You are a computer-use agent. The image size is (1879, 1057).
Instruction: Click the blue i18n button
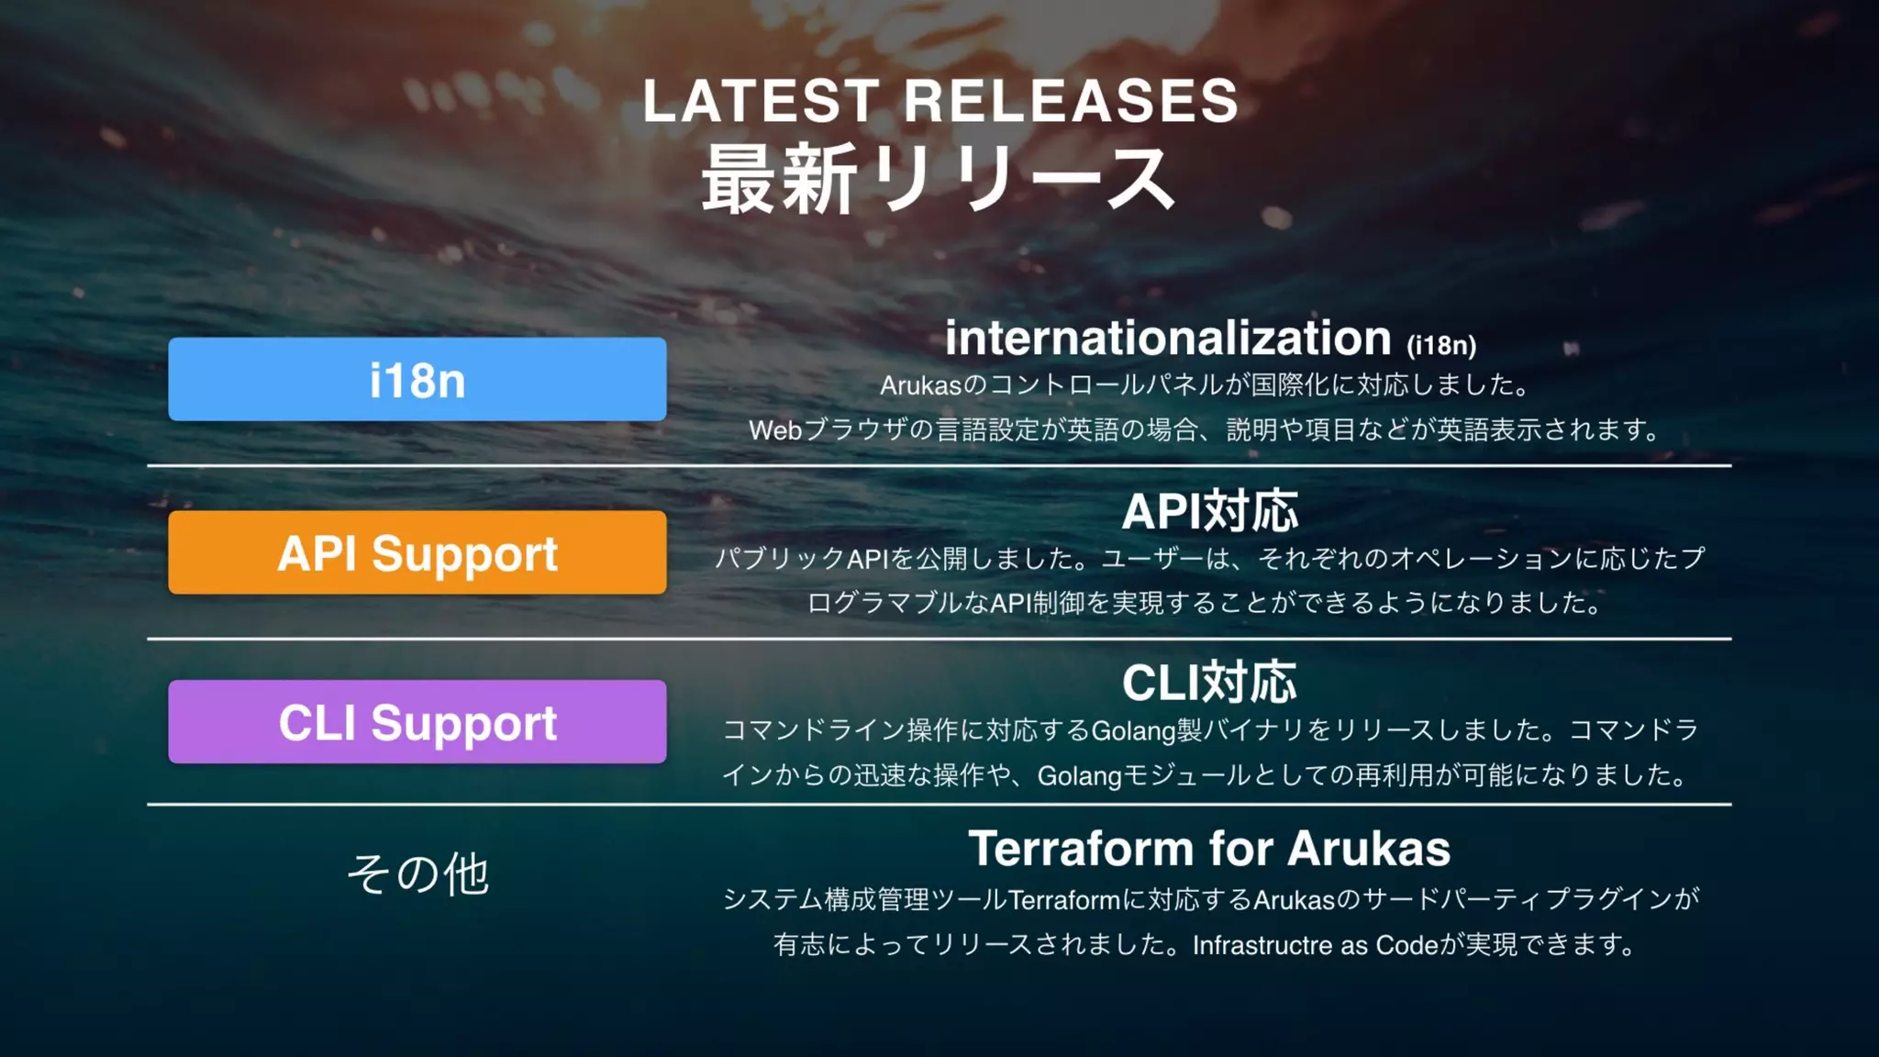tap(417, 379)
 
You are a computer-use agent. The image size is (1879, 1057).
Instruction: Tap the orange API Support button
tap(417, 552)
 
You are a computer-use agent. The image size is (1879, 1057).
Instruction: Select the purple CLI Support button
tap(417, 722)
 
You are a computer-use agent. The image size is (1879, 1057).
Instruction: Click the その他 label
tap(418, 873)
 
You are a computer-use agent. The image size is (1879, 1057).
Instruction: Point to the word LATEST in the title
tap(761, 101)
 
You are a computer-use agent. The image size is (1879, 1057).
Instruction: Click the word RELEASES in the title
tap(1072, 101)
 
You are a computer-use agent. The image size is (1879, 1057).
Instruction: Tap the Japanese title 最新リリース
tap(939, 180)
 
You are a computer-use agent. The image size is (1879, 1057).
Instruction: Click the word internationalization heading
tap(1168, 339)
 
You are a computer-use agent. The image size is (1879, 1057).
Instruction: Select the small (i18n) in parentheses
tap(1441, 346)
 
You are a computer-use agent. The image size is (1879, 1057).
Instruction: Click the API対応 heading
tap(1210, 511)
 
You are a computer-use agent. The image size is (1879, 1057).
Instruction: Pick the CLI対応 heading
tap(1210, 683)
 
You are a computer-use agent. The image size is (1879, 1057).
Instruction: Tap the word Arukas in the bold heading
tap(1369, 849)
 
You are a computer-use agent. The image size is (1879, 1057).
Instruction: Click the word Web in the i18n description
tap(775, 430)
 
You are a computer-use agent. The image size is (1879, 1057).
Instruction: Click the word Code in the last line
tap(1406, 945)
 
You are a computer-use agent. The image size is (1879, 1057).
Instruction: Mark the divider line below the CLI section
tap(939, 805)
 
